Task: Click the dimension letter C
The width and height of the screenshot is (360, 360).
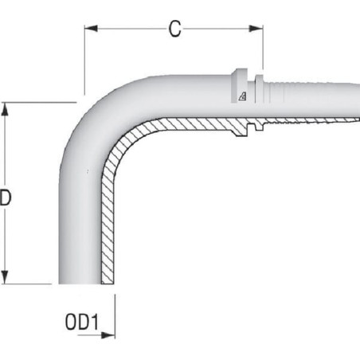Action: click(x=175, y=29)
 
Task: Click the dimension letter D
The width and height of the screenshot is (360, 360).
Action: click(x=6, y=198)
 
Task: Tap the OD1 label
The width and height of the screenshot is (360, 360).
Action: click(x=82, y=322)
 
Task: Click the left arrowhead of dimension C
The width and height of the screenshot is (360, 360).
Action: click(x=91, y=29)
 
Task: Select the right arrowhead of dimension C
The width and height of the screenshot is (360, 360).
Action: click(x=256, y=29)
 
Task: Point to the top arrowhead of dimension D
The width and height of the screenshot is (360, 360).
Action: click(x=5, y=109)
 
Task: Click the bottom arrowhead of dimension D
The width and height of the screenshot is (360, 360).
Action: click(x=5, y=277)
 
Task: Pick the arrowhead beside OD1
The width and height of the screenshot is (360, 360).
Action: click(x=108, y=335)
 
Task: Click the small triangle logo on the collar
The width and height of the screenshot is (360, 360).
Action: click(x=242, y=96)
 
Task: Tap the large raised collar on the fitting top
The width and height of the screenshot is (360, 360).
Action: click(x=239, y=85)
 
